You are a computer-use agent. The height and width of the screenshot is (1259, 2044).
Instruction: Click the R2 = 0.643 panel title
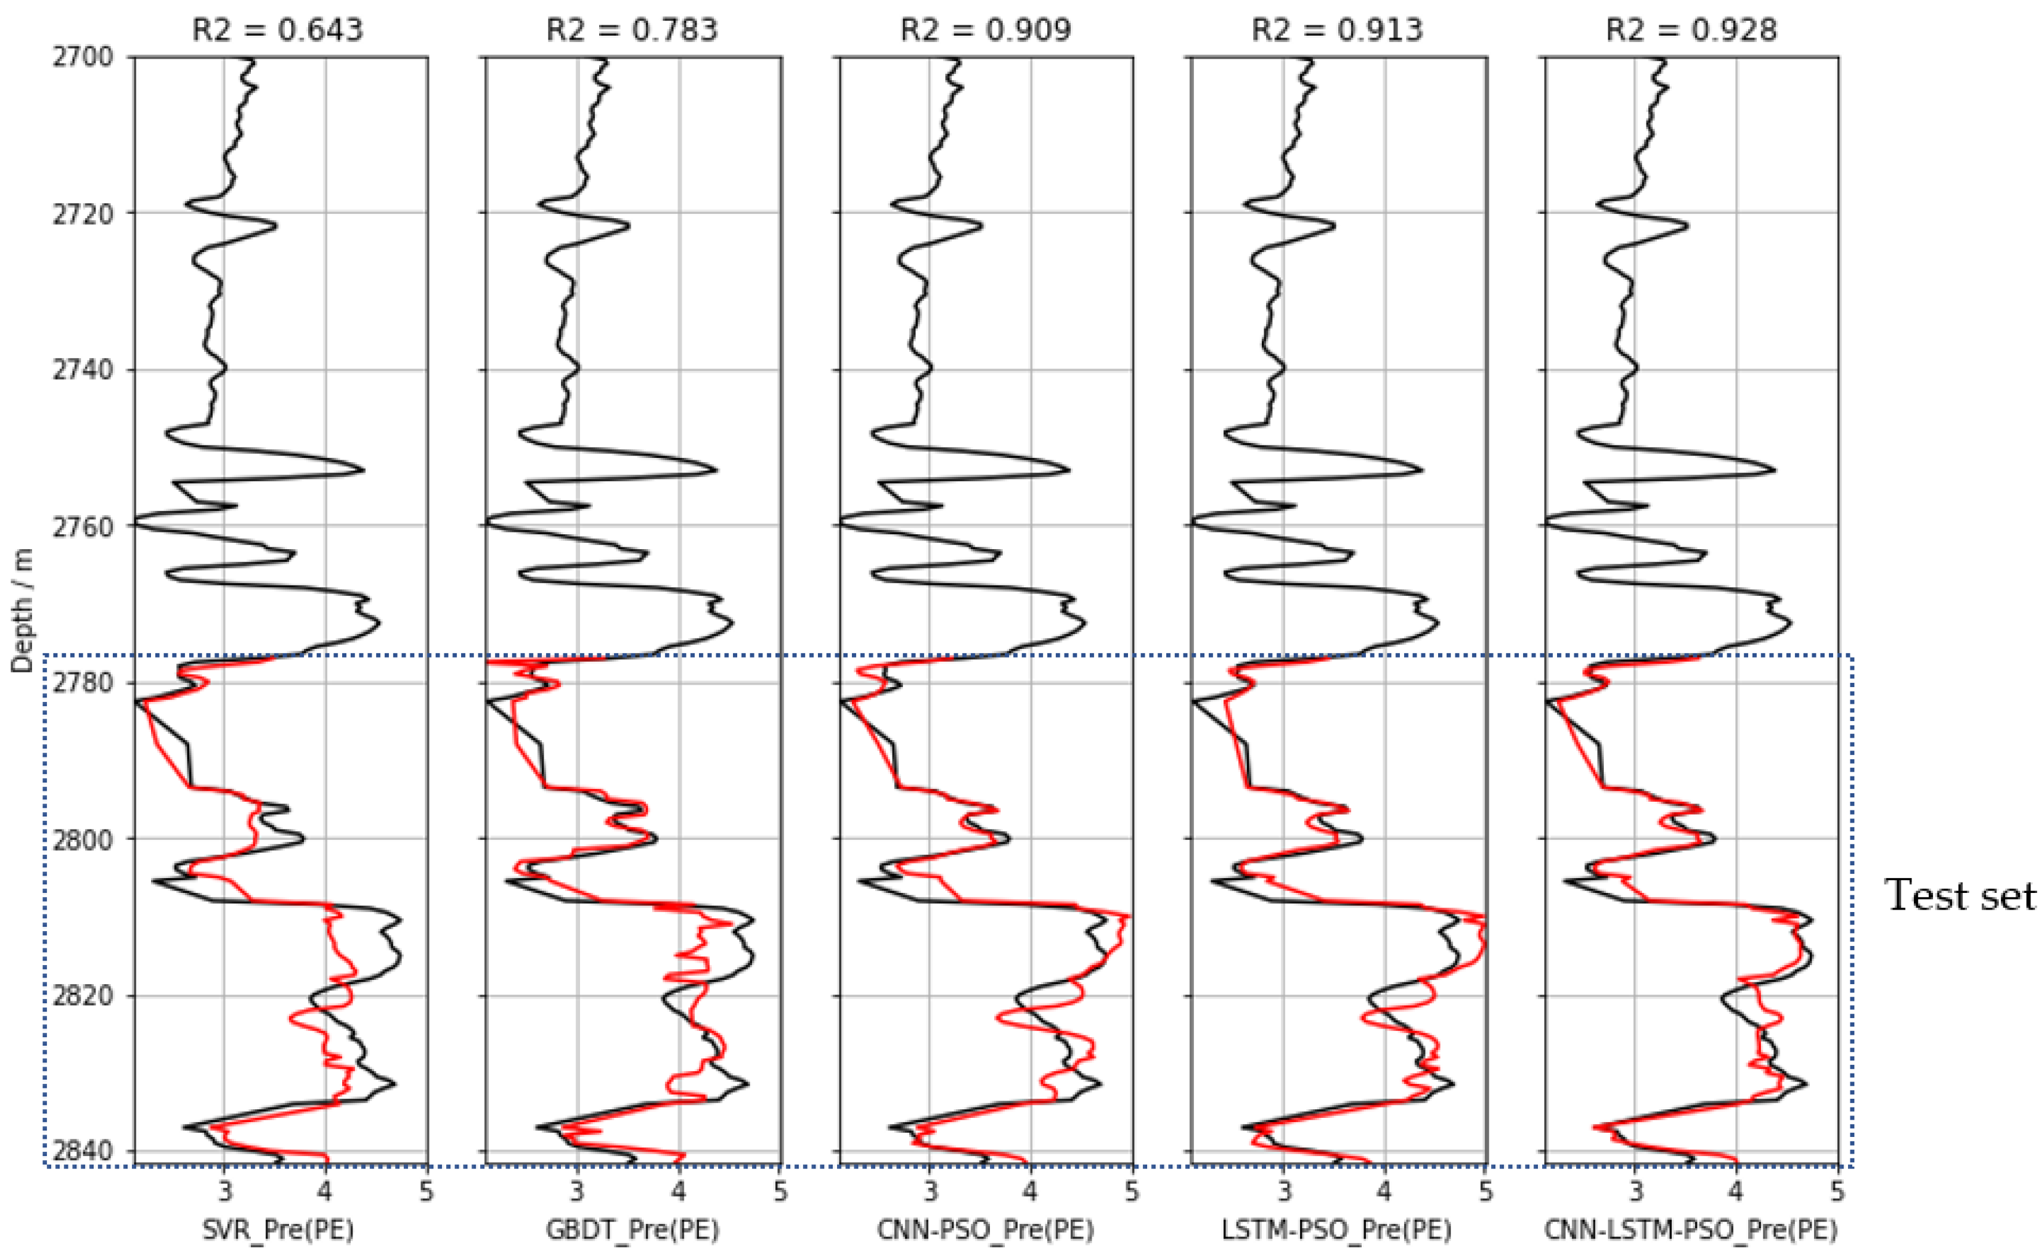277,30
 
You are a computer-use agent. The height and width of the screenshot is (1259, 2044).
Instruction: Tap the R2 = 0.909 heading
986,30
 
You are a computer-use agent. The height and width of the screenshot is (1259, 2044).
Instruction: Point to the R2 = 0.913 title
1338,30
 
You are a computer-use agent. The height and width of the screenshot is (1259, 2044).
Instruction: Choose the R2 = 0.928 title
1691,30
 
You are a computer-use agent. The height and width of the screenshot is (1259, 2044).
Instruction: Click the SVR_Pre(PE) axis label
277,1229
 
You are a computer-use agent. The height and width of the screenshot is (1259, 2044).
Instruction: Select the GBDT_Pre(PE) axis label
632,1229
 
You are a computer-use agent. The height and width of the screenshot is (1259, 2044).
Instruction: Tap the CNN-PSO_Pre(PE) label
986,1229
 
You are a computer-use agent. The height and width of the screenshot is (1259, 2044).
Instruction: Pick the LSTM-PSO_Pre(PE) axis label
1337,1229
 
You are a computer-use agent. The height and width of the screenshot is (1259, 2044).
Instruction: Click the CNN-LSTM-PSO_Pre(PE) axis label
1691,1229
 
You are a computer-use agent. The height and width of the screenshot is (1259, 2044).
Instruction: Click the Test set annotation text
1961,895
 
